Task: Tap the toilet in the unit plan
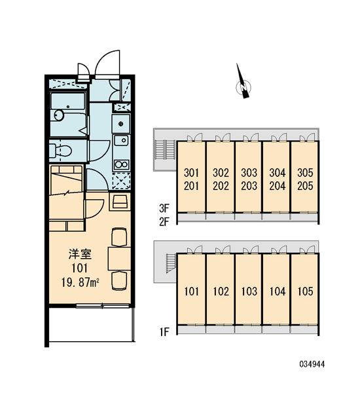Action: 61,151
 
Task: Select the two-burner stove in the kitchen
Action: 122,164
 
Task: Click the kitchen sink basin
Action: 122,141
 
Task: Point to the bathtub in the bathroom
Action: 67,102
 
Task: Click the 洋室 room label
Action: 80,254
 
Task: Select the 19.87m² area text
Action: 80,283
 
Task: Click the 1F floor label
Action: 164,332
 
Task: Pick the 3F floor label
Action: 164,208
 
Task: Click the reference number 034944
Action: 312,364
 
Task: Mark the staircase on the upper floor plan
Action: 165,149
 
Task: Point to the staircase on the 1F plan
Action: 171,263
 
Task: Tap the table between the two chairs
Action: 119,259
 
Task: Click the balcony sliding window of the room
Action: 103,305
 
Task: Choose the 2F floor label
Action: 164,221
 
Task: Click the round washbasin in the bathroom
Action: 59,115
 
